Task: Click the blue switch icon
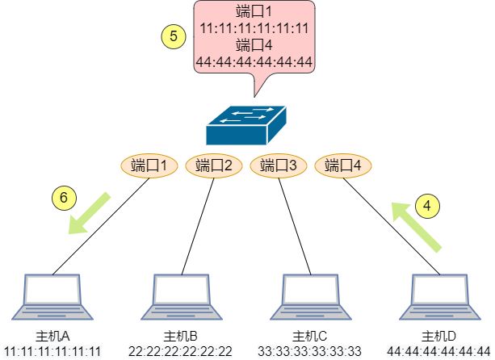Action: tap(246, 126)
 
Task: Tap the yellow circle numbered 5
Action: tap(174, 36)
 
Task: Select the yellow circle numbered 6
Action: tap(64, 198)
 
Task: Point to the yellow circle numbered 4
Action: tap(427, 206)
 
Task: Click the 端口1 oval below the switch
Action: tap(149, 165)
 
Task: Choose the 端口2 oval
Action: tap(214, 165)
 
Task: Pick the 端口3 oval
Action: tap(279, 165)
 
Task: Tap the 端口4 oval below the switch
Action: tap(343, 165)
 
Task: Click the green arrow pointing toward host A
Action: tap(88, 214)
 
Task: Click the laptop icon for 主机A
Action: tap(52, 297)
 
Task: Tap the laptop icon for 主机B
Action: tap(182, 297)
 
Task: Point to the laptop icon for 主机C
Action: tap(311, 297)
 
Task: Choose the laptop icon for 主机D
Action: tap(440, 297)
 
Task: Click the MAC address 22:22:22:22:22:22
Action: tap(180, 351)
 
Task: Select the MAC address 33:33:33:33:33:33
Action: tap(310, 351)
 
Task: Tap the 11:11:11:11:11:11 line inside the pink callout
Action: tap(254, 29)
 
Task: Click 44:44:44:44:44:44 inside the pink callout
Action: tap(254, 62)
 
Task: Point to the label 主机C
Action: tap(310, 337)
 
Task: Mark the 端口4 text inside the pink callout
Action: tap(254, 45)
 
